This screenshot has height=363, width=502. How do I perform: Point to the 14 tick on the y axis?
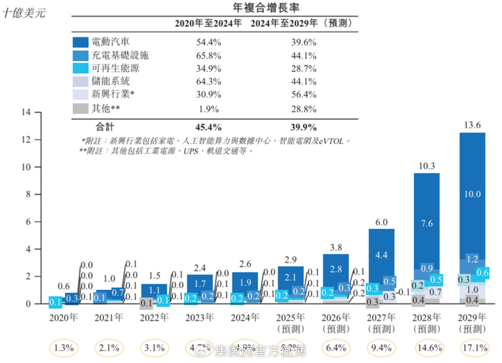[27, 112]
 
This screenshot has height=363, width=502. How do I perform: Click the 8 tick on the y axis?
[29, 194]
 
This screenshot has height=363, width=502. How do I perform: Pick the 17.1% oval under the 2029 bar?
[471, 350]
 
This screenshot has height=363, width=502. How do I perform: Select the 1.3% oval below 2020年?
[65, 350]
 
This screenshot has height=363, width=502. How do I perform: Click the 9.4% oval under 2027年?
[381, 350]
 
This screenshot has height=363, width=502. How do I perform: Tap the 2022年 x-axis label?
[155, 316]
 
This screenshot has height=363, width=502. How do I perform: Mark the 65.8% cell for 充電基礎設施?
[209, 56]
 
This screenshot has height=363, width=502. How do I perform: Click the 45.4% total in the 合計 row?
[209, 126]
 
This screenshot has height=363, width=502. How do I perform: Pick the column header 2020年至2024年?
[209, 24]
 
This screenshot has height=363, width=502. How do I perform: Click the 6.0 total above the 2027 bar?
[381, 222]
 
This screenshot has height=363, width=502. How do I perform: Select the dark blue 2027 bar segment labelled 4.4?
[381, 254]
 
